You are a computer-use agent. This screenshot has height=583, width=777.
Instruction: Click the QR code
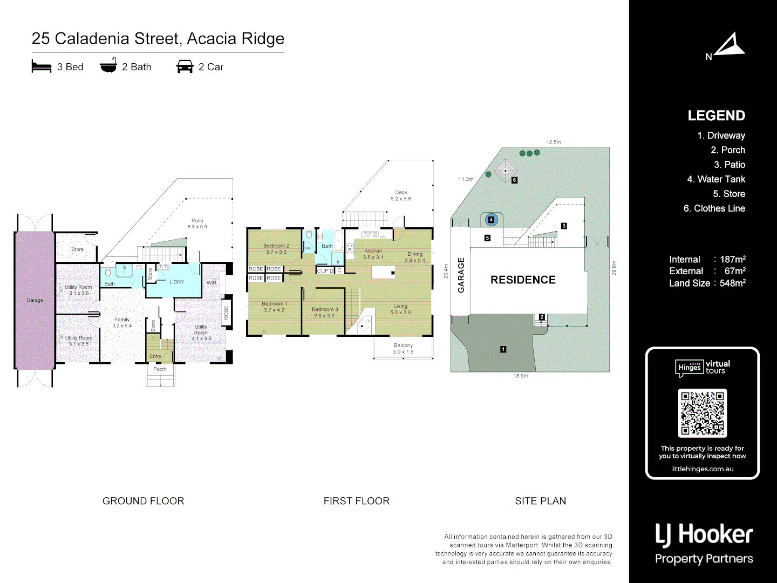click(x=702, y=413)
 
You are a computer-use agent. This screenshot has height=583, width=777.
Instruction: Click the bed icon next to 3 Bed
click(x=42, y=67)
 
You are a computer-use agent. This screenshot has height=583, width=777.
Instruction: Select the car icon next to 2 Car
click(x=185, y=67)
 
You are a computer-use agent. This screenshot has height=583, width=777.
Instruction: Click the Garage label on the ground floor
click(x=35, y=300)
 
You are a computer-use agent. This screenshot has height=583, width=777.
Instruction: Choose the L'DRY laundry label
click(x=177, y=282)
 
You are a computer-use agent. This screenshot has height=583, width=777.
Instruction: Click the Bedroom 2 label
click(x=276, y=246)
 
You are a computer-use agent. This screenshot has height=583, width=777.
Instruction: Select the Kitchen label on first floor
click(x=373, y=251)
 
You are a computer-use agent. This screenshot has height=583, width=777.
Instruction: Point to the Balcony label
click(x=403, y=345)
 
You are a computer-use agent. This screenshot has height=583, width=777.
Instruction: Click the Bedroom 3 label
click(x=325, y=310)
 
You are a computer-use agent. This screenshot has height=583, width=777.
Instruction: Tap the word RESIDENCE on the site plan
click(x=523, y=280)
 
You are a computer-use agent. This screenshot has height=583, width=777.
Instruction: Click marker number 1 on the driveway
click(x=503, y=349)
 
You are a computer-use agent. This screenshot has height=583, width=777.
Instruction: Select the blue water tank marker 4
click(x=491, y=220)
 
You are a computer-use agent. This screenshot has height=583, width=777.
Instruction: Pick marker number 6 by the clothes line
click(x=514, y=180)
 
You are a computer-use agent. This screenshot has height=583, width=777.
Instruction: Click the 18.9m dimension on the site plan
click(x=521, y=376)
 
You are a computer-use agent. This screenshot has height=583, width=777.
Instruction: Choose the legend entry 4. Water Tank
click(x=715, y=179)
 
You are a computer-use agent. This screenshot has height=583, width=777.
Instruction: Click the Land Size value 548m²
click(x=732, y=283)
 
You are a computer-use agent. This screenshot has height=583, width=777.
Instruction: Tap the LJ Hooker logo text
click(x=704, y=535)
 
